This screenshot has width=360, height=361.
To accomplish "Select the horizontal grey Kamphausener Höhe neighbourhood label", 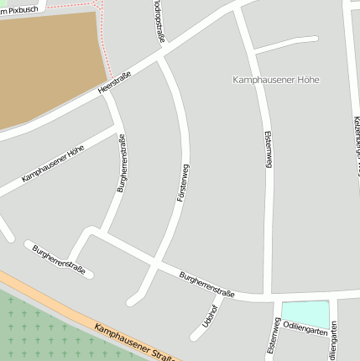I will pos(275,80).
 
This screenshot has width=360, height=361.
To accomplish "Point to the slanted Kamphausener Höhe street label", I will pos(52,164).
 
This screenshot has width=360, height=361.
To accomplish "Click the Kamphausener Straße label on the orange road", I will pos(133,342).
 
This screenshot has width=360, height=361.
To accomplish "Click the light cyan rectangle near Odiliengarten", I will pos(305,312).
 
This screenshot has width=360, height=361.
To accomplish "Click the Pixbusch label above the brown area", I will pos(25,8).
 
